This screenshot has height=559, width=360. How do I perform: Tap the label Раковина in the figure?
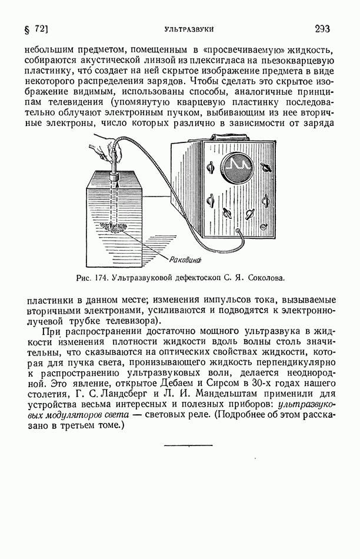(186, 259)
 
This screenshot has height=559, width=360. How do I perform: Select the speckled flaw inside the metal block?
(112, 225)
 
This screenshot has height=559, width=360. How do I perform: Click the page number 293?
(322, 28)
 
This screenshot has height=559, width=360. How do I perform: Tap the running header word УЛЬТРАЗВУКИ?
(188, 29)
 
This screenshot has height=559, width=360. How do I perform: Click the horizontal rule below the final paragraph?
(188, 445)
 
